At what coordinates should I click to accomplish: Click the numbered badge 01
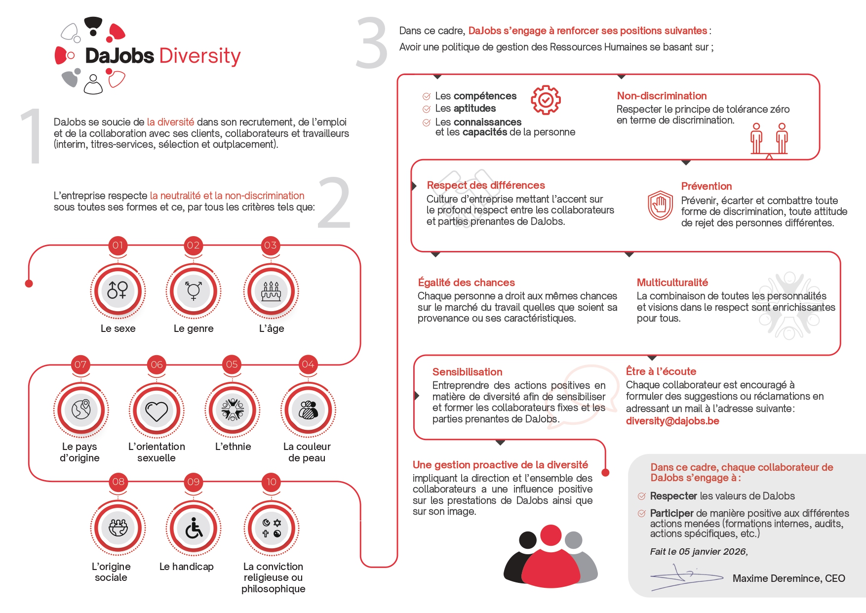pos(118,245)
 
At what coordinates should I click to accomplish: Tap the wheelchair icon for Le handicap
pos(194,529)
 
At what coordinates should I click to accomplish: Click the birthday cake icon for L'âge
pos(271,291)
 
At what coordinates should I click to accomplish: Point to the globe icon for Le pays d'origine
pos(81,410)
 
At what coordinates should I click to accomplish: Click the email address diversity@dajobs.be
pos(672,421)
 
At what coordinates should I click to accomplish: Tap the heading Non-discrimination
pos(662,96)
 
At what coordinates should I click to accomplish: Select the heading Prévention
pos(706,186)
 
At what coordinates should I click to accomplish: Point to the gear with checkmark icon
pos(545,100)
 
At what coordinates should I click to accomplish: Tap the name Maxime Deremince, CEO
pos(788,578)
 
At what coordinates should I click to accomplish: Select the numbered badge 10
pos(272,482)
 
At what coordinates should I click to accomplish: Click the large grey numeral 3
pos(372,43)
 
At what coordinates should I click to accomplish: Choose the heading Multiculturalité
pos(672,283)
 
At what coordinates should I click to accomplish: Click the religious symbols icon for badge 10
pos(272,529)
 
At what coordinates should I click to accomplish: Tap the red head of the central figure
pos(551,535)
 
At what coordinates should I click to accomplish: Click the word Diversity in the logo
pos(200,56)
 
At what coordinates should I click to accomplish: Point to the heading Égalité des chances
pos(466,283)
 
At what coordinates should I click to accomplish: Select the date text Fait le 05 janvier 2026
pos(699,552)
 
